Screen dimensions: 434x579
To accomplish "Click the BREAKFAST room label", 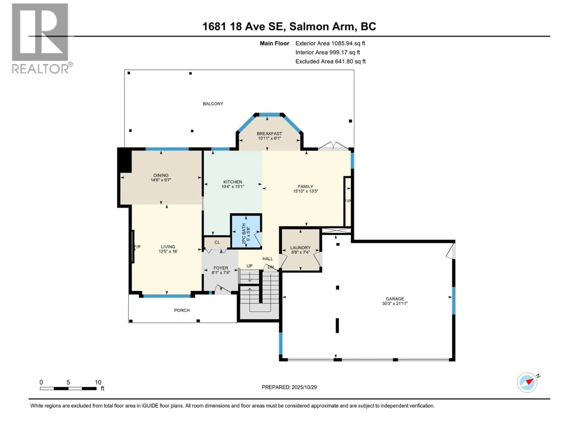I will [269, 133].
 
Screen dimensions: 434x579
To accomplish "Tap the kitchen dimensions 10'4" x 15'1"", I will [233, 187].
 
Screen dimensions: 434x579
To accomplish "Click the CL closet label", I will [217, 242].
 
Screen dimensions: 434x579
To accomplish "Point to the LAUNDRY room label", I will [300, 247].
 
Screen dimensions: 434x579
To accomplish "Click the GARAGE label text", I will [395, 299].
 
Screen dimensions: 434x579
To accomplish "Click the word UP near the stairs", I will [249, 266].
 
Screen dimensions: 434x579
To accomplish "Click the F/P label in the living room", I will [137, 247].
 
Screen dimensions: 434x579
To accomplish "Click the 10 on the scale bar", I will [98, 382].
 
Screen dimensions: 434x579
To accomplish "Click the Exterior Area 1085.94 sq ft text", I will [330, 43].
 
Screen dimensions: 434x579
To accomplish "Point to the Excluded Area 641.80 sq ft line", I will [330, 61].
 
